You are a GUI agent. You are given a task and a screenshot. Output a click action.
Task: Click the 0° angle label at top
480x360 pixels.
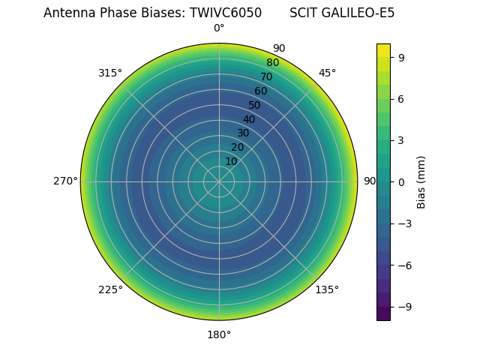pyautogui.click(x=219, y=28)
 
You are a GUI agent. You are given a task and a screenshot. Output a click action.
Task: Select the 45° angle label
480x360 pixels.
pyautogui.click(x=327, y=73)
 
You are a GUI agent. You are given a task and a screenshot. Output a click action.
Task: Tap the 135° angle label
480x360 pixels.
pyautogui.click(x=327, y=289)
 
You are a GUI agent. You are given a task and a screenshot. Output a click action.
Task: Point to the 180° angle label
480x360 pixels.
pyautogui.click(x=219, y=334)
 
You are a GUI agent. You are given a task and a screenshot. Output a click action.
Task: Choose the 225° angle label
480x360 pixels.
pyautogui.click(x=110, y=289)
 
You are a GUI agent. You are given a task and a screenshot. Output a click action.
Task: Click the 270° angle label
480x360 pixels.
pyautogui.click(x=65, y=181)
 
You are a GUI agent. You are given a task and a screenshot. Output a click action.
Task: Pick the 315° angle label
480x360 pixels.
pyautogui.click(x=110, y=73)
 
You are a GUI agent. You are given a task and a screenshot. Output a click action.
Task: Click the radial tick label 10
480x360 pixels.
pyautogui.click(x=231, y=161)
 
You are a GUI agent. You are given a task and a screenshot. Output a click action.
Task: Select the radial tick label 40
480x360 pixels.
pyautogui.click(x=249, y=119)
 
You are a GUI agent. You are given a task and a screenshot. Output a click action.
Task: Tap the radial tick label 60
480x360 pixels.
pyautogui.click(x=261, y=91)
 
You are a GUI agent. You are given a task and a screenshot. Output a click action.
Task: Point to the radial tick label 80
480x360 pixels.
pyautogui.click(x=273, y=63)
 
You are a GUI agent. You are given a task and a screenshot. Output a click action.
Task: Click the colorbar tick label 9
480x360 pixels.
pyautogui.click(x=402, y=57)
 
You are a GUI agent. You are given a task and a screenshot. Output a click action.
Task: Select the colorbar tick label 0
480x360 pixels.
pyautogui.click(x=402, y=181)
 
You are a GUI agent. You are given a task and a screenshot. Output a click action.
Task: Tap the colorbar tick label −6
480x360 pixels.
pyautogui.click(x=405, y=265)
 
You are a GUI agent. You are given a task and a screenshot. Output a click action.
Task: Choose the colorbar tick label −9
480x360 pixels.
pyautogui.click(x=405, y=307)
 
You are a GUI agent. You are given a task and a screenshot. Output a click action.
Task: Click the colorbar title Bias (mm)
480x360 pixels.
pyautogui.click(x=421, y=181)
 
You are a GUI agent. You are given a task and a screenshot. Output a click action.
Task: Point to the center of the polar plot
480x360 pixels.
pyautogui.click(x=219, y=181)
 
